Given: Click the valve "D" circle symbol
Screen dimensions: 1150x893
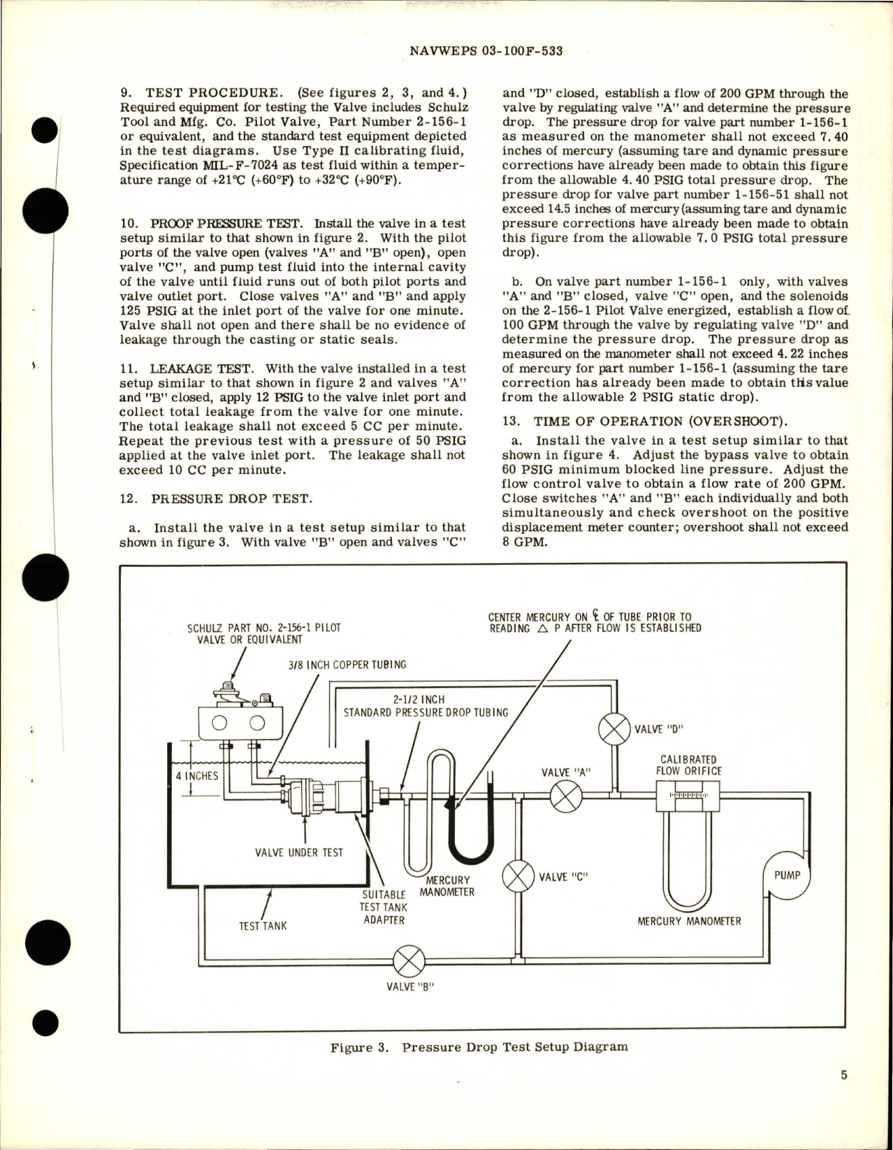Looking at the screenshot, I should click(x=615, y=729).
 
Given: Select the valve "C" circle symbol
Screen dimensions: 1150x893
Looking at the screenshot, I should click(x=518, y=876).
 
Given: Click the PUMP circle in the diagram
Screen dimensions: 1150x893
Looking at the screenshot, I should click(x=787, y=875).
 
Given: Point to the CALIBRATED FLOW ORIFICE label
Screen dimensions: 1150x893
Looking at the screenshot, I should click(x=688, y=765).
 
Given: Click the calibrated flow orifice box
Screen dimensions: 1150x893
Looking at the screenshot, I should click(x=688, y=796).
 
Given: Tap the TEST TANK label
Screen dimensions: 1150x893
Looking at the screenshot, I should click(x=263, y=926).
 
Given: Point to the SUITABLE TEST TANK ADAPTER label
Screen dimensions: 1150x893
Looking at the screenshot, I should click(x=384, y=907).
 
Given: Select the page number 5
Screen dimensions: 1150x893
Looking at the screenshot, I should click(x=844, y=1094).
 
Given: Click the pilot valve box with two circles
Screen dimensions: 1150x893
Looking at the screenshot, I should click(x=240, y=721).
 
